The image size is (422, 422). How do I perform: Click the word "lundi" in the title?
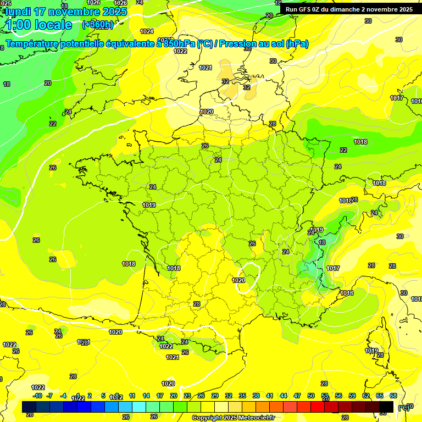coord(16,11)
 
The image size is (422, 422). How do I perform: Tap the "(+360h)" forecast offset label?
coord(98,25)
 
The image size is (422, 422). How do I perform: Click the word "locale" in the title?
coord(53,25)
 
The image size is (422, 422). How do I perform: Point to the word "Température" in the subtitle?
coord(33,44)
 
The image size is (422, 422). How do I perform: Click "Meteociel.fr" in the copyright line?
coord(253,418)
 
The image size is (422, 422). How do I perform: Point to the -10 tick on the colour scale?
coord(37,396)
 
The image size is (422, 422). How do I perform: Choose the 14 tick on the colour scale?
coord(146,396)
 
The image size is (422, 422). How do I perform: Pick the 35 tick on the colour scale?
coord(242,396)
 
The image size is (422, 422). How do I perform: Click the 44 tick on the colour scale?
coord(284,396)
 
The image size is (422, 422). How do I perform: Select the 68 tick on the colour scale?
coord(393,396)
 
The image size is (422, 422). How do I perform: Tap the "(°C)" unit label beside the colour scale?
coord(403,408)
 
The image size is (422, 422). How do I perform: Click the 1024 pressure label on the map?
coord(147,31)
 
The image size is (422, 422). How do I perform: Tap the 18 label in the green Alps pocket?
coord(322,242)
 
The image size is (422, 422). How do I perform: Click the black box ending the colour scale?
coord(386,407)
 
